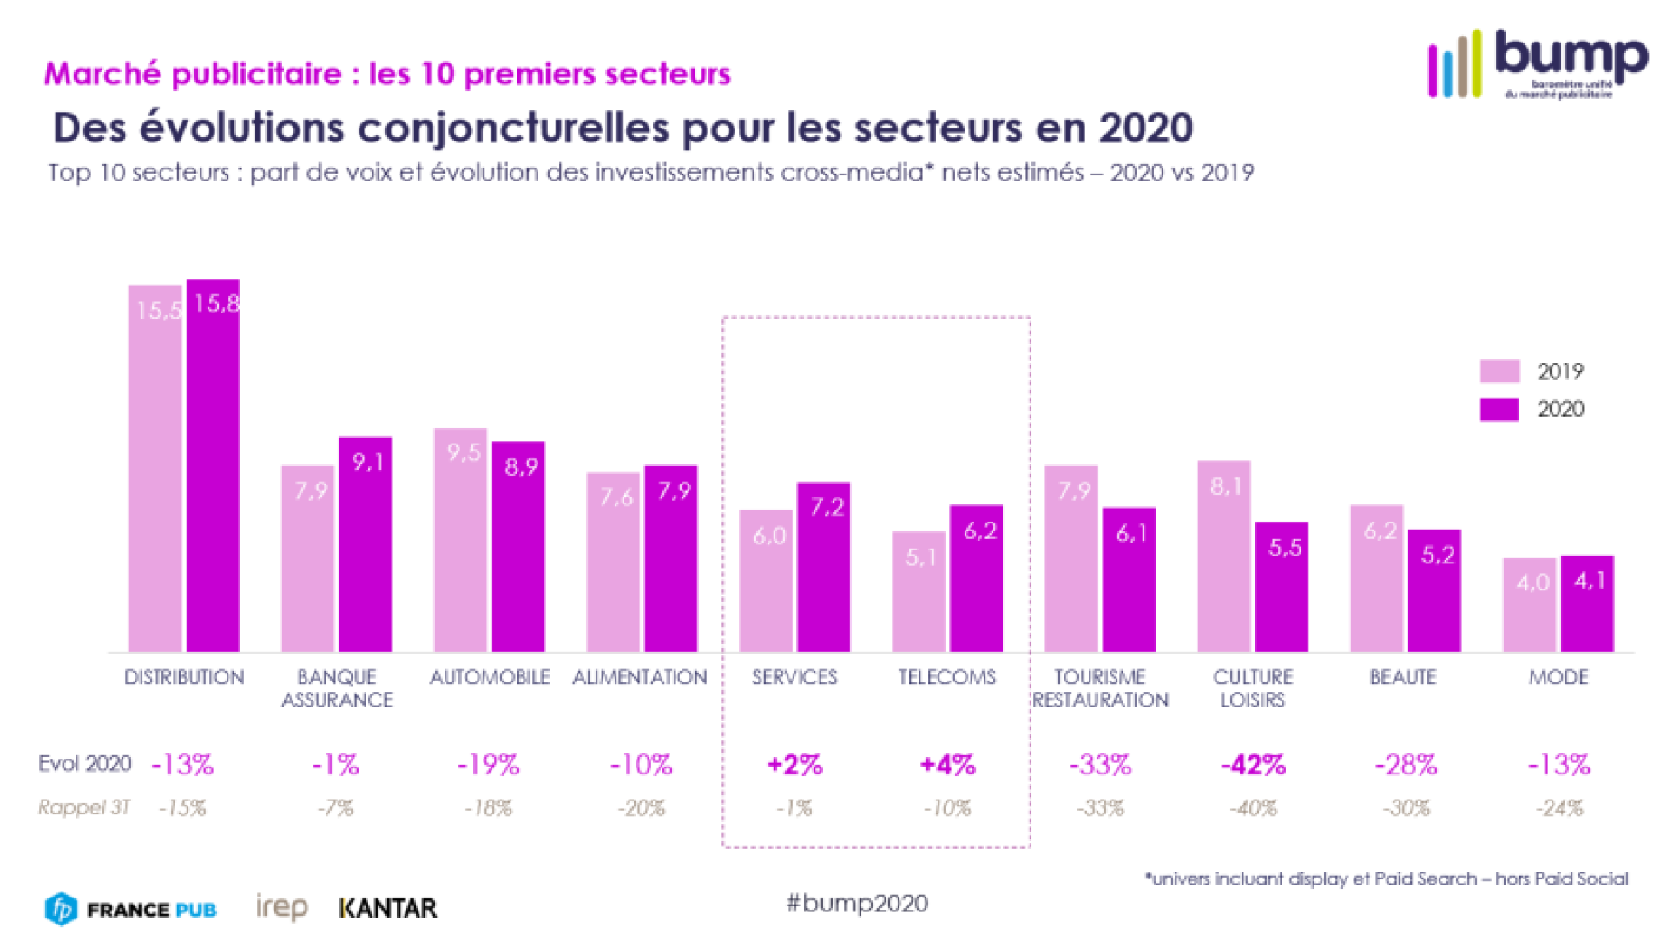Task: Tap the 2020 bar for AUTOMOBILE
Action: coord(518,547)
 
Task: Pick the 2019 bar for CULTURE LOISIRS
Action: coord(1224,556)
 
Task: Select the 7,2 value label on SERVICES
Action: coord(827,507)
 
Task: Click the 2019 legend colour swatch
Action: coord(1499,372)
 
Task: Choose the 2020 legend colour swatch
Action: coord(1499,409)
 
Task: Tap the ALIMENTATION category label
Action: coord(640,677)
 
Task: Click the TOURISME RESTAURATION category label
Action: coord(1100,688)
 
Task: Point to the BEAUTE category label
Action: coord(1403,677)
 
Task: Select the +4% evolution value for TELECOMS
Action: coord(947,765)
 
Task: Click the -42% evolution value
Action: coord(1253,765)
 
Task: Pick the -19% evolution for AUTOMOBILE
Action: coord(488,765)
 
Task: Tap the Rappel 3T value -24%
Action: coord(1559,808)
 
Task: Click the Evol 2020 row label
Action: coord(84,764)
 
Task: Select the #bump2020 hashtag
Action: coord(857,904)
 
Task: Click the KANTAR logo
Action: coord(388,908)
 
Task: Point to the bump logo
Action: coord(1538,63)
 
